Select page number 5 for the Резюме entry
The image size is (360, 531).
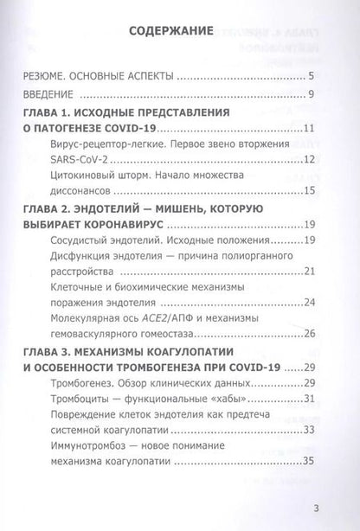321,77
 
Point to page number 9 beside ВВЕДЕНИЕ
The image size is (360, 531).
321,93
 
